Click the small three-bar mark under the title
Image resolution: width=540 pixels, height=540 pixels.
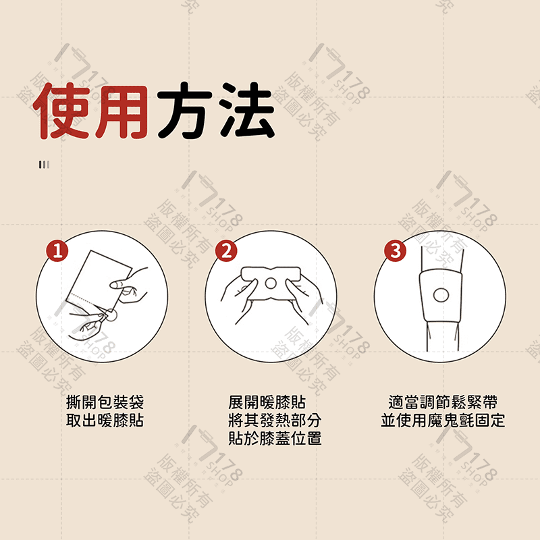[44, 164]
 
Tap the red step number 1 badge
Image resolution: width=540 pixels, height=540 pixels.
[57, 251]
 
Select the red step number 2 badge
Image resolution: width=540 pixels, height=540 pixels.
[227, 251]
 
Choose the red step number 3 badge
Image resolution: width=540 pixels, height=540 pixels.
[396, 251]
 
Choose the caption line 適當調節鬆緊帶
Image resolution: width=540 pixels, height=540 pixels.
[442, 403]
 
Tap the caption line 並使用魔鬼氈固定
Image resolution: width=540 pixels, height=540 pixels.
[442, 421]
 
